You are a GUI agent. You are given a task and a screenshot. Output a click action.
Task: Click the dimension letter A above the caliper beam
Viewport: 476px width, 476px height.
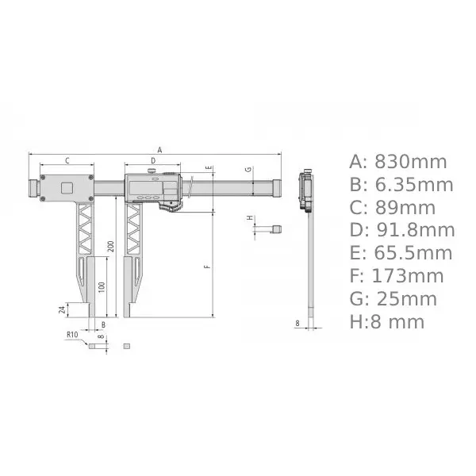[159, 149]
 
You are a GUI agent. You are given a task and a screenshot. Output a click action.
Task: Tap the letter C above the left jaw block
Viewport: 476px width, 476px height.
[67, 161]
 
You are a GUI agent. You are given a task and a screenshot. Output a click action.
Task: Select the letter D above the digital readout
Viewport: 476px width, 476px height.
[153, 161]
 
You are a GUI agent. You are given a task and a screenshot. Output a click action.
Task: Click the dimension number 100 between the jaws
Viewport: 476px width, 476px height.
[100, 286]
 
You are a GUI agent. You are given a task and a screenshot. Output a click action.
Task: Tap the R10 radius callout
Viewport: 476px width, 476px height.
[72, 335]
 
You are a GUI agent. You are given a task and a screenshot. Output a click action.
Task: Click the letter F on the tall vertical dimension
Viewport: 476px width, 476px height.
[207, 267]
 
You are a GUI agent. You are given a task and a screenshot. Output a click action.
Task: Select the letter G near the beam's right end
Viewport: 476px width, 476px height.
[248, 170]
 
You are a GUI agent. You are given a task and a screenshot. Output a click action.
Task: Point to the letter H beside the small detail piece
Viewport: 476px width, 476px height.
[250, 217]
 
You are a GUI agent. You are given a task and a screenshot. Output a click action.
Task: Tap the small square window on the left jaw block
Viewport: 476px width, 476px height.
[67, 187]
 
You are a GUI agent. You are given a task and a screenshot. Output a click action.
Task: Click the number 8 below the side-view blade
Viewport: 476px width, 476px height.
[297, 324]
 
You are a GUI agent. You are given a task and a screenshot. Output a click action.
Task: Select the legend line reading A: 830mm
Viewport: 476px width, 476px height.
[398, 162]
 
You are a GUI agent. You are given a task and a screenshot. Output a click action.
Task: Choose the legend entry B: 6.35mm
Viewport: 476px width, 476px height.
[401, 185]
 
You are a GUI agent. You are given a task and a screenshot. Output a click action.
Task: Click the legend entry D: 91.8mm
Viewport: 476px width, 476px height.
[402, 230]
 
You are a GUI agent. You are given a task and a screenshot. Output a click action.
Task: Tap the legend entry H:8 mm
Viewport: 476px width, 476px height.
[387, 321]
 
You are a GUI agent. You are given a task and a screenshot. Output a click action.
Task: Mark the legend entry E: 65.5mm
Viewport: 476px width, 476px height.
[401, 253]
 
